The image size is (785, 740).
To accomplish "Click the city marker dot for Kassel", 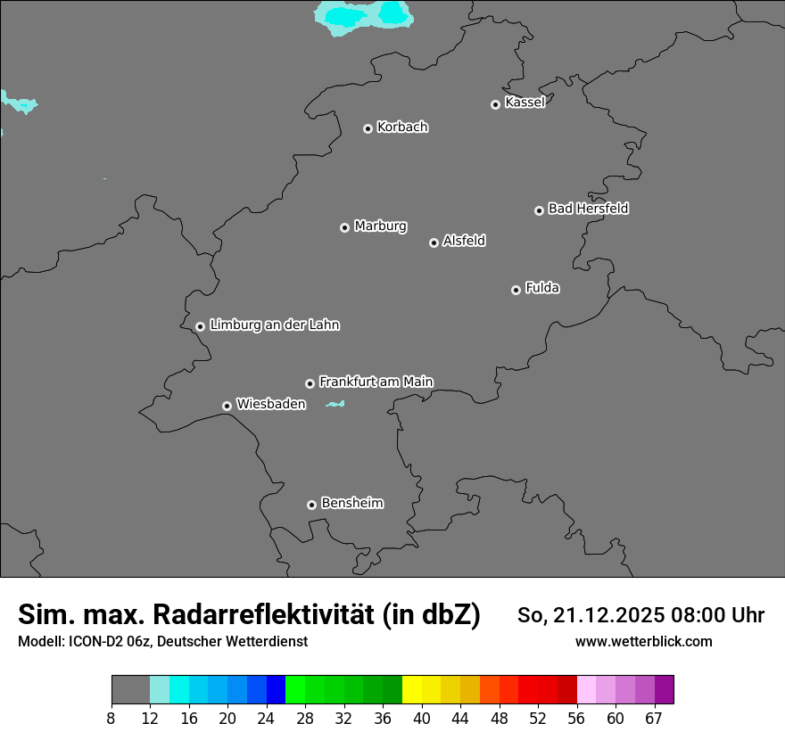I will click(495, 104).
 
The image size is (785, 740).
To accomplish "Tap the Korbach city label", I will click(402, 127).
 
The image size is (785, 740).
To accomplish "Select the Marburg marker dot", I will click(344, 227).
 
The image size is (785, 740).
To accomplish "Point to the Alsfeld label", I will click(464, 241).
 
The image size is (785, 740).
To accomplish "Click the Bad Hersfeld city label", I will click(588, 209).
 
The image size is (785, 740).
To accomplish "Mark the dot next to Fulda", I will click(516, 290).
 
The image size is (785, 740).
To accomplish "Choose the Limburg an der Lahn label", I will click(274, 325).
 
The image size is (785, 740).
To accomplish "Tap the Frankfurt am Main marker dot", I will click(310, 383).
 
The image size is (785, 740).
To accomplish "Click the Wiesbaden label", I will click(270, 404).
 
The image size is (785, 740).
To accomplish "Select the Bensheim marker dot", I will click(311, 505).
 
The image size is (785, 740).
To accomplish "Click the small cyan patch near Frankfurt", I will click(335, 405).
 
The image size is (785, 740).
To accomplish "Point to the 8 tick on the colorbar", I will click(111, 718).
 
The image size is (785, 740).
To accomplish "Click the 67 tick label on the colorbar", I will click(654, 718).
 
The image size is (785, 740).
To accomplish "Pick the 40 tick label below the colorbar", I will click(422, 718).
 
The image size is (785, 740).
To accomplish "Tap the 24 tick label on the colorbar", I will click(266, 718).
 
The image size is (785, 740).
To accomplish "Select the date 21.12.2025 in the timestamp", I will click(609, 615).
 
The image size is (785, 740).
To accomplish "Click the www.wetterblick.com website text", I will click(643, 642).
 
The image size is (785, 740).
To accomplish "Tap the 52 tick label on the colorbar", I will click(537, 718).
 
